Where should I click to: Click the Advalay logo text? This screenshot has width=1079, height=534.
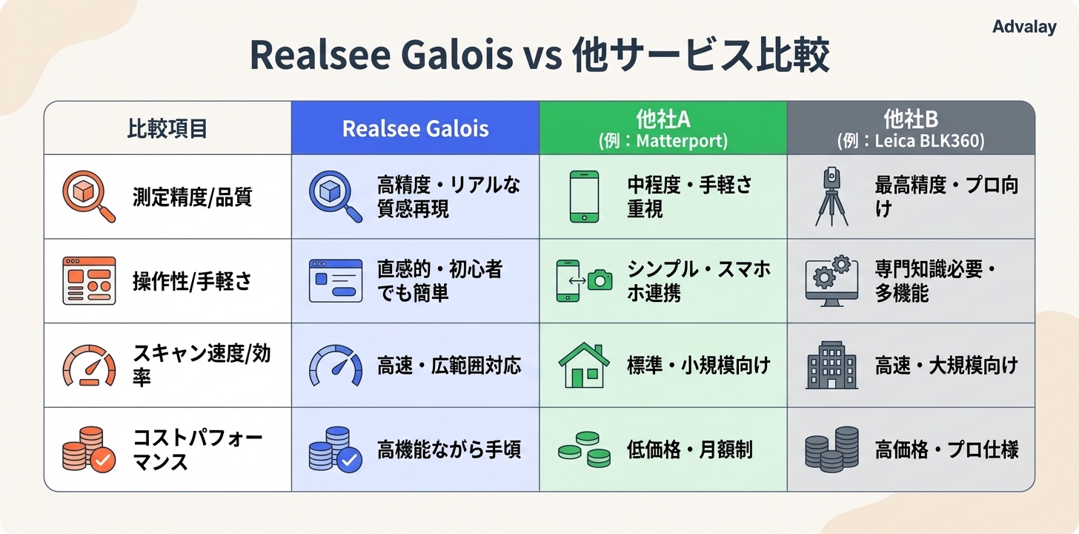point(1024,27)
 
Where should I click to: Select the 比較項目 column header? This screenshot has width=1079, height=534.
point(167,128)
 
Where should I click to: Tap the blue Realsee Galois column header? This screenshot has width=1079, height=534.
point(415,128)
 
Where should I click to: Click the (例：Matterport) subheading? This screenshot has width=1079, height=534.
point(663,140)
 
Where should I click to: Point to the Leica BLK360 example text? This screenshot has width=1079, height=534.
point(911,140)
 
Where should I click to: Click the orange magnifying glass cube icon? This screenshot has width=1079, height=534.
point(88,197)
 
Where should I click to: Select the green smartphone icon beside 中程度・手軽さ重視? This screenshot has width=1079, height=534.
point(584,197)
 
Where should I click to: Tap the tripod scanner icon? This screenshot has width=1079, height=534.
point(831,197)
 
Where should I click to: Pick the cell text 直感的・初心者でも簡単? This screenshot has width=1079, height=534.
point(439,281)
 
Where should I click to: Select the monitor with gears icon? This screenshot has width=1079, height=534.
point(831,281)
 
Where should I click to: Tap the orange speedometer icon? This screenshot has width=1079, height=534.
point(88,365)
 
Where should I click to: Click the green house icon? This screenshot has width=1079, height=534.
point(584,365)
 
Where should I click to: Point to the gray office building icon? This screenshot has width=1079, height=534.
point(831,365)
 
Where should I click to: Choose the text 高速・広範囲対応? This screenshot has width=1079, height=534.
point(449,365)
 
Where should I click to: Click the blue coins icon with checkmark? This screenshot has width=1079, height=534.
point(336,449)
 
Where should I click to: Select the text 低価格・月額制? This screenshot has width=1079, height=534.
point(690,449)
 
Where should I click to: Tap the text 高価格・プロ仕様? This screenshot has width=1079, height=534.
point(946,449)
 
